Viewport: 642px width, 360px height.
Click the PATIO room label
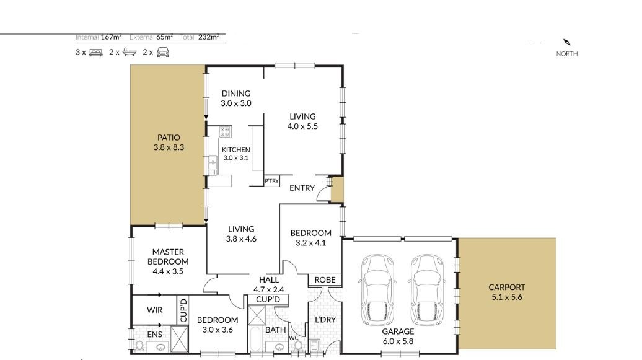click(169, 138)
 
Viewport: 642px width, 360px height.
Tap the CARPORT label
click(506, 288)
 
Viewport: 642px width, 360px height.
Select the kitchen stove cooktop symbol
click(225, 132)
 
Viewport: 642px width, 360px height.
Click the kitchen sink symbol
click(213, 165)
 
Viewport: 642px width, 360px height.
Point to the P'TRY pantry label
click(271, 180)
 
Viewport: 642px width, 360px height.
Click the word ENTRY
click(302, 188)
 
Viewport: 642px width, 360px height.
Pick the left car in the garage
click(377, 290)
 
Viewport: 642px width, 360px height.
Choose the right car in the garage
click(426, 290)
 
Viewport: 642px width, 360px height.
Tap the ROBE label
click(325, 279)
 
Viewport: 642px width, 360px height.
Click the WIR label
click(155, 310)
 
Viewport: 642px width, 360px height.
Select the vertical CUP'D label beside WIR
click(183, 310)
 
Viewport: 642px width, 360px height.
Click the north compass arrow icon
click(566, 42)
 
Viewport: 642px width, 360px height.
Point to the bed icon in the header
click(96, 53)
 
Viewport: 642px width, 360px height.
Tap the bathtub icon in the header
click(130, 52)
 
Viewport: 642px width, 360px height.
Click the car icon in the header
click(163, 52)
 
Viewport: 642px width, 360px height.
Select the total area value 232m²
click(209, 37)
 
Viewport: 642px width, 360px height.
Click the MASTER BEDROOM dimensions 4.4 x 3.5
click(168, 271)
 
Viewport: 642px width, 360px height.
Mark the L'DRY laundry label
click(325, 320)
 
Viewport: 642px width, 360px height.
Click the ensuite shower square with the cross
click(179, 339)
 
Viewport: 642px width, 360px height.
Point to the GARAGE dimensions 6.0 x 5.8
click(398, 341)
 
